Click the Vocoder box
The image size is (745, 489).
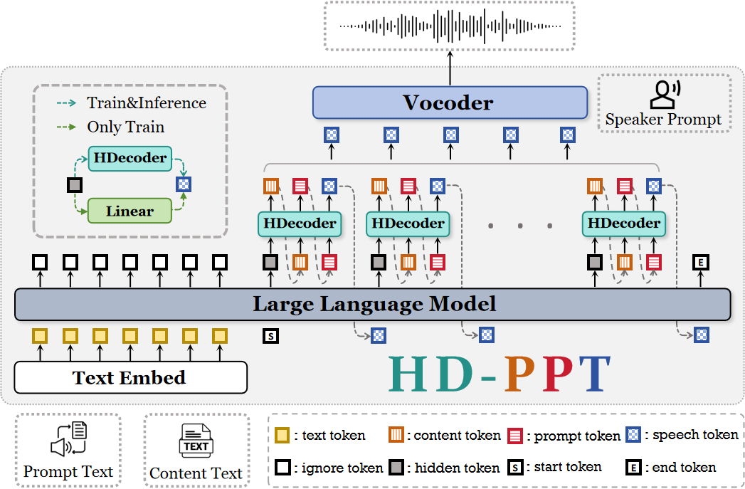click(x=450, y=102)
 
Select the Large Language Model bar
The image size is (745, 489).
click(x=373, y=305)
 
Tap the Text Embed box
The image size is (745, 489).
click(x=130, y=377)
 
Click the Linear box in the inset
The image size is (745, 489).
click(x=130, y=211)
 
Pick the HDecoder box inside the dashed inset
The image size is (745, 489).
click(x=130, y=158)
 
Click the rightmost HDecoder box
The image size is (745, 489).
click(x=623, y=224)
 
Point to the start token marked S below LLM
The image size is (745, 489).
click(x=270, y=335)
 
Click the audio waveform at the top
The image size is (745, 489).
click(x=450, y=26)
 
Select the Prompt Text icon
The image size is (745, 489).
click(x=68, y=440)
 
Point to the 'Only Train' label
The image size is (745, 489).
click(x=125, y=127)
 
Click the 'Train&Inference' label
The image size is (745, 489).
click(x=146, y=103)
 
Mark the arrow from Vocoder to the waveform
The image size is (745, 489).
click(x=450, y=69)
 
